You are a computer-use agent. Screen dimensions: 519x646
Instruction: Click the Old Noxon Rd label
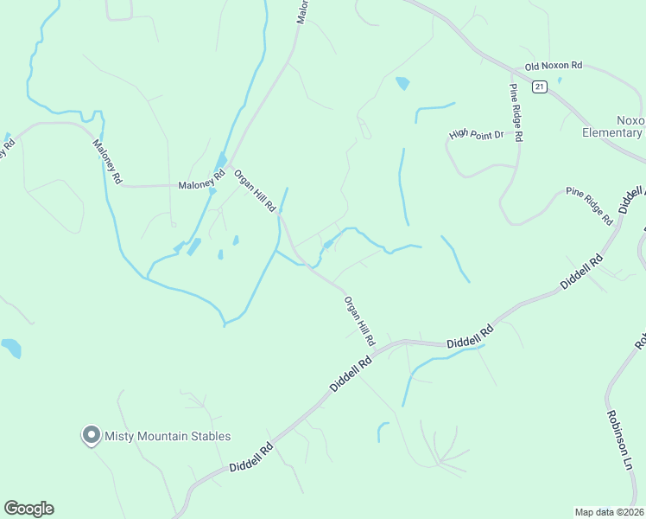[554, 66]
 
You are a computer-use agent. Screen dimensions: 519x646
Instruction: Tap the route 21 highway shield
[540, 86]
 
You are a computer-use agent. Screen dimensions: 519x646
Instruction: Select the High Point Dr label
[476, 135]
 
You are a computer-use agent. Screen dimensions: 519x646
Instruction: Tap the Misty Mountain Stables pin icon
[91, 436]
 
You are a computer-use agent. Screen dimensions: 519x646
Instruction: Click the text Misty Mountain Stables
[168, 437]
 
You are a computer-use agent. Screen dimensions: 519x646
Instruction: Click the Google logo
[28, 509]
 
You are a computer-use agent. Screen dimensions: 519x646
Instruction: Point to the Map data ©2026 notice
[609, 511]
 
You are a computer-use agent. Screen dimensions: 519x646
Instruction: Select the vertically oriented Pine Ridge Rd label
[516, 112]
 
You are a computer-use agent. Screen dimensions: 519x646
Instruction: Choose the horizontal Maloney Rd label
[200, 185]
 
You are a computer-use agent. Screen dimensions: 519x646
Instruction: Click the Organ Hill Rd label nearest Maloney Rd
[255, 190]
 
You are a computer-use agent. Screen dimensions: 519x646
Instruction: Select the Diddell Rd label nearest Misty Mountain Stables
[251, 458]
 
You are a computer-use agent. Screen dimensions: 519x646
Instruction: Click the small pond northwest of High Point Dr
[402, 84]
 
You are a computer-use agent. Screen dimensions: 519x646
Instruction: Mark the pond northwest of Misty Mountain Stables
[10, 348]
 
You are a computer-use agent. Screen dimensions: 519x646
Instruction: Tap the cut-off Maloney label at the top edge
[303, 11]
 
